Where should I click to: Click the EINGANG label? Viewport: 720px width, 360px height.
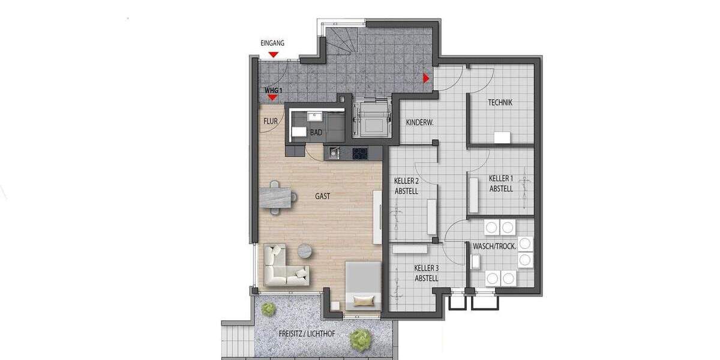[x=272, y=43]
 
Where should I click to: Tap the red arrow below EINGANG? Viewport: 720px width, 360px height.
[x=273, y=55]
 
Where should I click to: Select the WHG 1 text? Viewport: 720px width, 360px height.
[x=273, y=90]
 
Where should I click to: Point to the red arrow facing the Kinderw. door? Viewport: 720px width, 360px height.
[x=426, y=77]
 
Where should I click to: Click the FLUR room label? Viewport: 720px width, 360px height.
[x=270, y=121]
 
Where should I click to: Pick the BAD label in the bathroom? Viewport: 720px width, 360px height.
[x=316, y=132]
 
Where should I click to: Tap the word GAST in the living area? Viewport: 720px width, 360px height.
[x=323, y=196]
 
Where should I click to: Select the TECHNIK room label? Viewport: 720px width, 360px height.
[x=500, y=103]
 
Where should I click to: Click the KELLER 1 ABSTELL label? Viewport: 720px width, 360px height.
[x=501, y=184]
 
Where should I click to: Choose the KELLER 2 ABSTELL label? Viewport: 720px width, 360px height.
[x=406, y=186]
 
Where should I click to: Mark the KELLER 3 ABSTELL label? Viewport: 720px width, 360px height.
[x=426, y=274]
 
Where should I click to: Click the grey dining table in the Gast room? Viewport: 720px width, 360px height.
[x=278, y=196]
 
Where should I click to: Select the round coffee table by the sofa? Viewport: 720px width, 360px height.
[x=305, y=250]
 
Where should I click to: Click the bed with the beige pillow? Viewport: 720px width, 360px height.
[x=362, y=286]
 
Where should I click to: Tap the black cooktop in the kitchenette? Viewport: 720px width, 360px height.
[x=360, y=153]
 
